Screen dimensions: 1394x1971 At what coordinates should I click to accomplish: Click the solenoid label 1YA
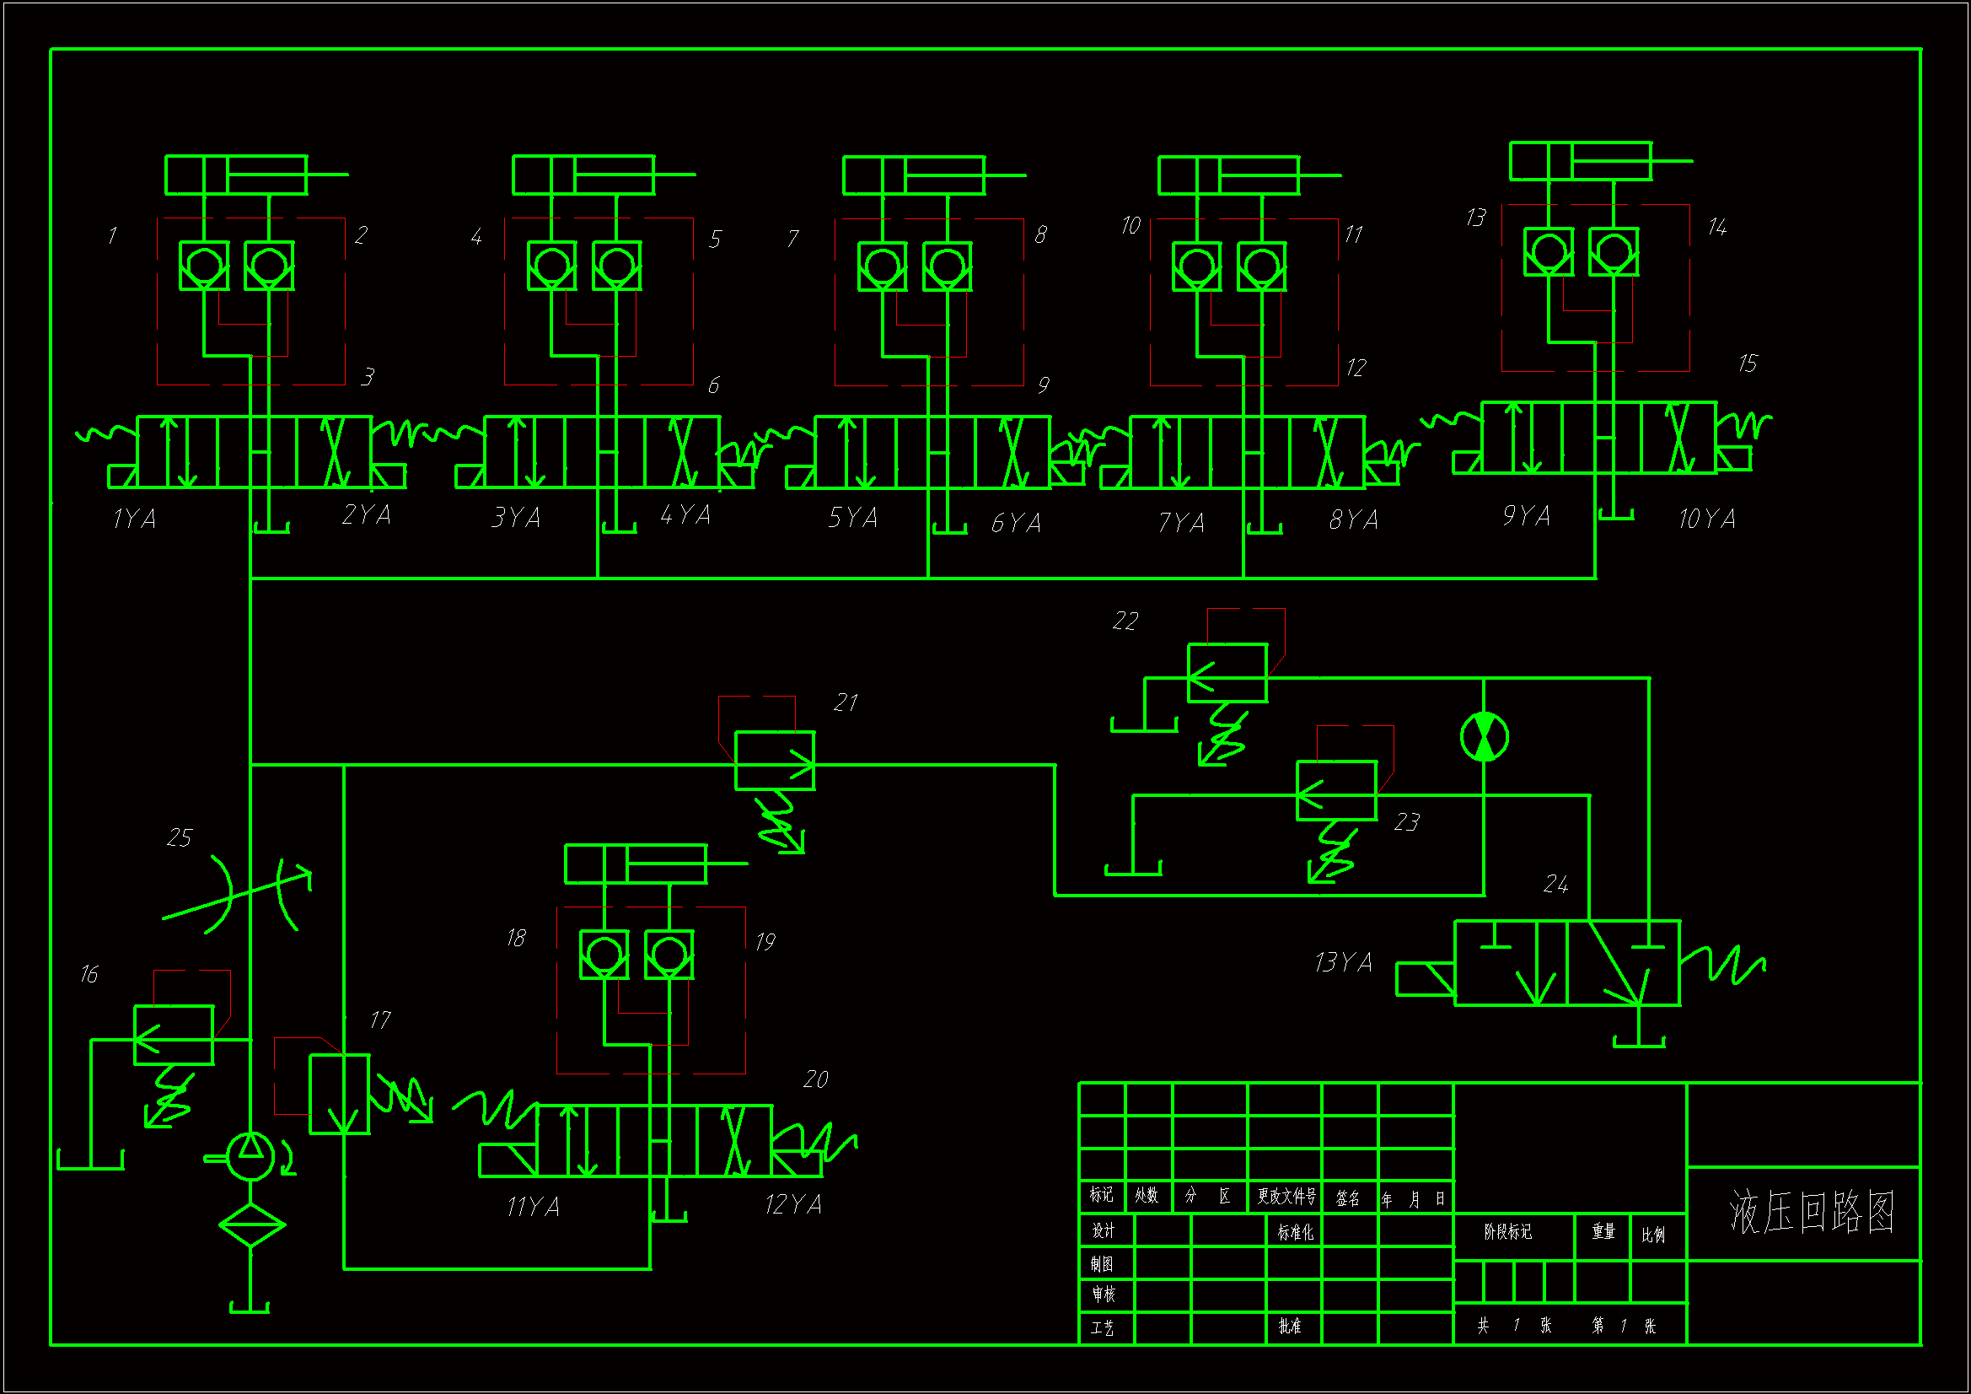coord(135,519)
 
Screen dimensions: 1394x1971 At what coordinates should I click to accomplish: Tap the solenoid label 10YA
coord(1706,519)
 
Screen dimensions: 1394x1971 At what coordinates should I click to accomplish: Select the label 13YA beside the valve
coord(1343,962)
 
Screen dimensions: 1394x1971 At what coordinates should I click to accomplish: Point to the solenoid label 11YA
coord(533,1207)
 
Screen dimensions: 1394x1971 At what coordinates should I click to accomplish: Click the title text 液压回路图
coord(1812,1212)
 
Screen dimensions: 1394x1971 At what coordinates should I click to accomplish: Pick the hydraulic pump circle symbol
coord(250,1156)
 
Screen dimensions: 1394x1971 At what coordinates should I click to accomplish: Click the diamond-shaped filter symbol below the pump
coord(251,1224)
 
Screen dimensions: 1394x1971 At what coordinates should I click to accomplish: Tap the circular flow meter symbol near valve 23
coord(1485,736)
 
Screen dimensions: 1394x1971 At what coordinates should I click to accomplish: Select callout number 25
coord(180,837)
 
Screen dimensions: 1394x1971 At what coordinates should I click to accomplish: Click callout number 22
coord(1125,621)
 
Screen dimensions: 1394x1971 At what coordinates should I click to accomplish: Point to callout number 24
coord(1555,884)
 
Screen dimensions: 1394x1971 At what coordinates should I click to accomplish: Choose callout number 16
coord(89,974)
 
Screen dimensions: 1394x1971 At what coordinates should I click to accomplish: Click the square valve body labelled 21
coord(774,760)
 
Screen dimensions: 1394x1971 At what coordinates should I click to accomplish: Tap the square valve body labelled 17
coord(339,1095)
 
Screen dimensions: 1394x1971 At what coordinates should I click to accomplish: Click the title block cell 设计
coord(1104,1230)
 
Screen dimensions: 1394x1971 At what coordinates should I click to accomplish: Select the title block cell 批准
coord(1289,1326)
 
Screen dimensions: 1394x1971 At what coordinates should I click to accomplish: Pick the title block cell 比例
coord(1653,1235)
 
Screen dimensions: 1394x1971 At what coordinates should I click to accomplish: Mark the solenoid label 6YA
coord(1017,522)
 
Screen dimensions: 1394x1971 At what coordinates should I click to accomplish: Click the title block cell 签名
coord(1348,1198)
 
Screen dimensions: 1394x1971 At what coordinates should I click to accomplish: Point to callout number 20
coord(815,1079)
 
